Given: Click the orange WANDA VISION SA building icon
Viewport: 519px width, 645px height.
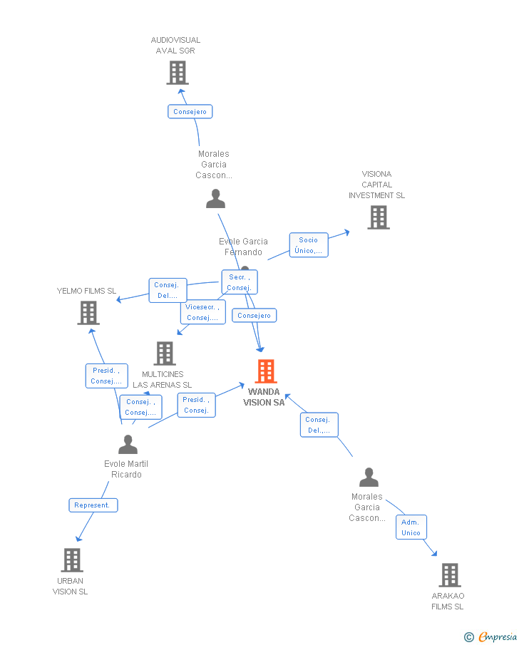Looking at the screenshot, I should click(x=265, y=371).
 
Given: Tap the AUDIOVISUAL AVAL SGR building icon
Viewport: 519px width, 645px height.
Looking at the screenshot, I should click(x=177, y=72).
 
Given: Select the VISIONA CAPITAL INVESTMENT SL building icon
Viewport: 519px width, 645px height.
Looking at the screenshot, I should click(x=378, y=217).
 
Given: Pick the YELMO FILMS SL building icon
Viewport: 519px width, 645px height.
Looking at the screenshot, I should click(x=88, y=312).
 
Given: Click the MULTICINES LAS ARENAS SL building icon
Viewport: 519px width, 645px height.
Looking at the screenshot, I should click(x=164, y=353).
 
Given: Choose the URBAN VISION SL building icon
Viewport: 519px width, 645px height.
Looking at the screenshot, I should click(x=71, y=560).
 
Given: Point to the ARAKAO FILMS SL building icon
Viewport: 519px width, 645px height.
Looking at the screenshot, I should click(x=449, y=574).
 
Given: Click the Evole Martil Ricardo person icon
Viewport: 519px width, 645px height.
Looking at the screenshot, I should click(x=128, y=445).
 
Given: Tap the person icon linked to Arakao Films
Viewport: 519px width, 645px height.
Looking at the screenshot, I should click(x=369, y=478).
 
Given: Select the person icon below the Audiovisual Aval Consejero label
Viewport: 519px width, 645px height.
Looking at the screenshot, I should click(x=215, y=199).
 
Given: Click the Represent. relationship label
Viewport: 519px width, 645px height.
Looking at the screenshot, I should click(x=93, y=505).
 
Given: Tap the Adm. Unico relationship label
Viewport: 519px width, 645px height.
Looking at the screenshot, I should click(x=411, y=527).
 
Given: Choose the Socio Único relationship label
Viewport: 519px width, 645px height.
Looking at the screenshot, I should click(x=308, y=245).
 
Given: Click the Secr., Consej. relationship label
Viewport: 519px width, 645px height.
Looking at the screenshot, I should click(x=239, y=282).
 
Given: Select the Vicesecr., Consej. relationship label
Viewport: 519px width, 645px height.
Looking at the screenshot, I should click(x=202, y=312).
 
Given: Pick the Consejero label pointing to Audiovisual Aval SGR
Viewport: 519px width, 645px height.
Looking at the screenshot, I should click(x=190, y=112).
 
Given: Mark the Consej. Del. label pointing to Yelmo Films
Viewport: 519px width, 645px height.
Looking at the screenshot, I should click(x=168, y=290).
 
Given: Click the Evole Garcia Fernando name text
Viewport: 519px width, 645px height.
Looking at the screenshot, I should click(x=243, y=247).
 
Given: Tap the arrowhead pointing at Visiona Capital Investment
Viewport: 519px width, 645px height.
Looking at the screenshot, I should click(x=347, y=231).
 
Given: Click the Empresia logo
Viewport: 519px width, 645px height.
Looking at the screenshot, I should click(x=492, y=636).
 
